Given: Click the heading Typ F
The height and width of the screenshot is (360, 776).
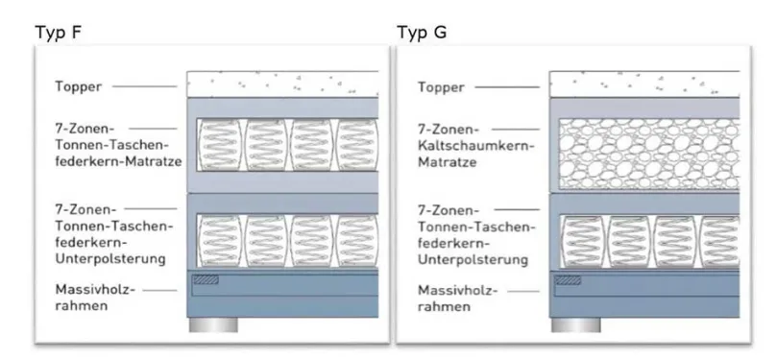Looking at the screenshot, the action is [58, 33].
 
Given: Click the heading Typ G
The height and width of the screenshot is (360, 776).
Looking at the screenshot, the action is [422, 33].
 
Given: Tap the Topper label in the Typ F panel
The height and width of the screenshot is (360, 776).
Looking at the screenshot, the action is [78, 87].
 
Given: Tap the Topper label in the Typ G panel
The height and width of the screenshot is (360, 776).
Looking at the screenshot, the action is [441, 87].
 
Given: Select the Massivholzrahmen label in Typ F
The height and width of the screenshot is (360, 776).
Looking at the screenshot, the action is [95, 298].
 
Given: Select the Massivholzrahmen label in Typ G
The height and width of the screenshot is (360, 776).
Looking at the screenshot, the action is [458, 299].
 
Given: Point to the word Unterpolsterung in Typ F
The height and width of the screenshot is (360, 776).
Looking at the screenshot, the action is [110, 258].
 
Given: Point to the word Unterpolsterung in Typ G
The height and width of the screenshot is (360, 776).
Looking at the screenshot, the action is [473, 259].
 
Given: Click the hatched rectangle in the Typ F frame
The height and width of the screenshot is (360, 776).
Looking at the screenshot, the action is [206, 279].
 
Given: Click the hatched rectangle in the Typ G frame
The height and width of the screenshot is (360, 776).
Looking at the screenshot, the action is [568, 280].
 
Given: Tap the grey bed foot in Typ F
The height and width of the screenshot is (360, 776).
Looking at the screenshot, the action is [213, 324].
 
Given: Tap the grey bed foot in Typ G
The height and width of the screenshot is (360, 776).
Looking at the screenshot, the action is [576, 324].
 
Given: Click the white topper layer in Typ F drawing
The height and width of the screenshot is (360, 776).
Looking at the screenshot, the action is [282, 84].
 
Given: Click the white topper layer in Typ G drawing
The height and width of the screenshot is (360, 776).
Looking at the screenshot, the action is [644, 84].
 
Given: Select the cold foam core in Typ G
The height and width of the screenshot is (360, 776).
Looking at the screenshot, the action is [649, 154].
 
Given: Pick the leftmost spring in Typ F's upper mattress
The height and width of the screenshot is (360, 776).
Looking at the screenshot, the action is [220, 144].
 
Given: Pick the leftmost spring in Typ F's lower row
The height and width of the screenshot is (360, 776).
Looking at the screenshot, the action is [220, 241].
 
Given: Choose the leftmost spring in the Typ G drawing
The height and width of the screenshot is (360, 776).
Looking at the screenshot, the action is [583, 242].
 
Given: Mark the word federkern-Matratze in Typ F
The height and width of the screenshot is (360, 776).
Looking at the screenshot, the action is [119, 161].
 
